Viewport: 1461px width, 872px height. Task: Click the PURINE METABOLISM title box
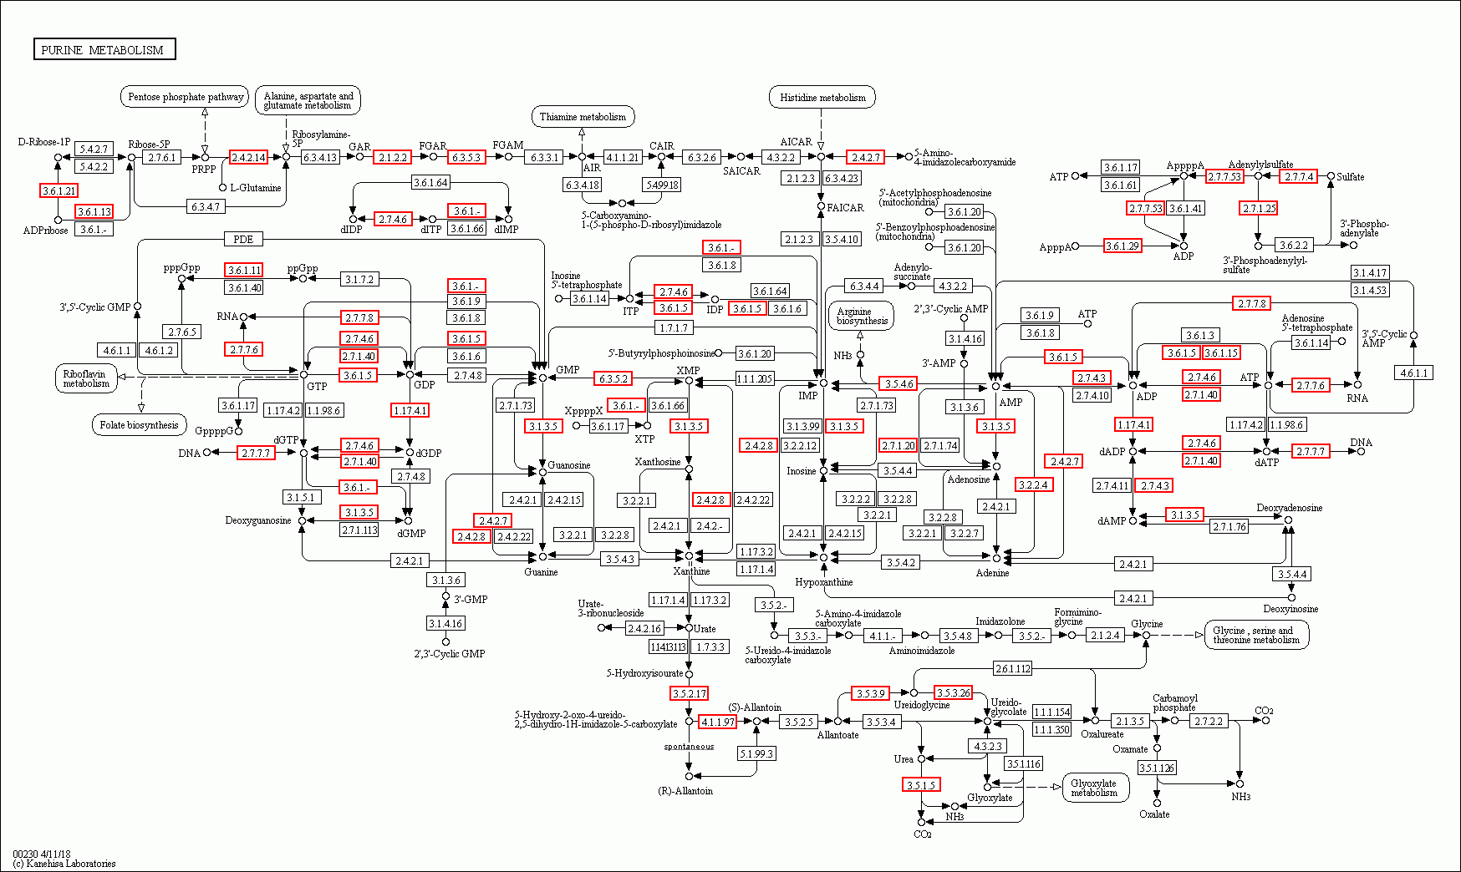pyautogui.click(x=104, y=50)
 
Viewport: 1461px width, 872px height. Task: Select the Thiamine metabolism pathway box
pyautogui.click(x=583, y=117)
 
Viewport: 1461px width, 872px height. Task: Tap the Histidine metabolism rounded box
pyautogui.click(x=822, y=98)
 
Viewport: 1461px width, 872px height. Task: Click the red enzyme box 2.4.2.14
pyautogui.click(x=248, y=157)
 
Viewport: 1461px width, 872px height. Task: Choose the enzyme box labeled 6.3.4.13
pyautogui.click(x=319, y=157)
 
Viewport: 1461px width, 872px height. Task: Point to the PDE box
pyautogui.click(x=243, y=239)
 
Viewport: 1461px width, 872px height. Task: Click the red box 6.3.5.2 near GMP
pyautogui.click(x=613, y=378)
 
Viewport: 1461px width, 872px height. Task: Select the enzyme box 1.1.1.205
pyautogui.click(x=755, y=378)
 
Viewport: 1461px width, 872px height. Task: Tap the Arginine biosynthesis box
pyautogui.click(x=862, y=316)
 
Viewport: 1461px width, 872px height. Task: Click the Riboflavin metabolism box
pyautogui.click(x=86, y=378)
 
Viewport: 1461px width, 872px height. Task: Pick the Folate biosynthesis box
pyautogui.click(x=139, y=425)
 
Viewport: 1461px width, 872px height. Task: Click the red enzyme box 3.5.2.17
pyautogui.click(x=690, y=693)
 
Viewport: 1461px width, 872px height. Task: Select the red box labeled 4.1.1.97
pyautogui.click(x=717, y=722)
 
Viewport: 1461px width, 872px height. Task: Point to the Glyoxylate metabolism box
pyautogui.click(x=1094, y=788)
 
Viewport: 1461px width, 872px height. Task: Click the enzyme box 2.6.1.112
pyautogui.click(x=1012, y=668)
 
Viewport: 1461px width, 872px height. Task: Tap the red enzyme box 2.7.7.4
pyautogui.click(x=1299, y=176)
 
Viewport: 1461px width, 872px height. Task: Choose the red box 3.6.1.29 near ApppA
pyautogui.click(x=1122, y=246)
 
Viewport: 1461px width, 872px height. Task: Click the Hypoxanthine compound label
pyautogui.click(x=824, y=582)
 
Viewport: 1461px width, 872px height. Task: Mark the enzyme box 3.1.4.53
pyautogui.click(x=1370, y=290)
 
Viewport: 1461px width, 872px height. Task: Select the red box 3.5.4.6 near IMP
pyautogui.click(x=898, y=383)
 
